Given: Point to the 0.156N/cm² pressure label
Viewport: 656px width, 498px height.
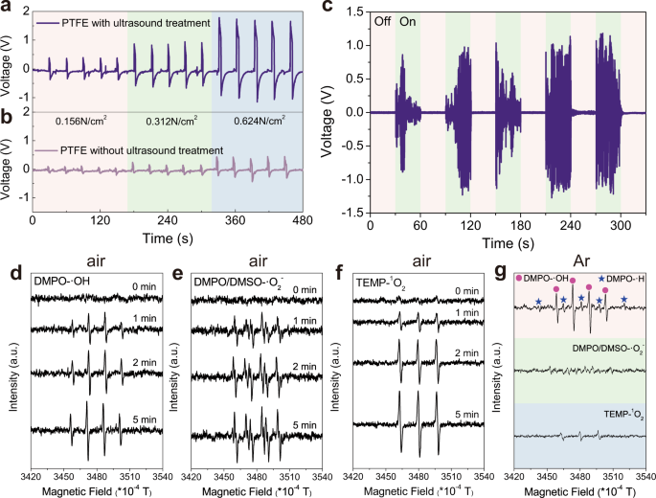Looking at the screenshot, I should (86, 121).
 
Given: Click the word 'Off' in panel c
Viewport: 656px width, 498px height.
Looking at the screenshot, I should (383, 20).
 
